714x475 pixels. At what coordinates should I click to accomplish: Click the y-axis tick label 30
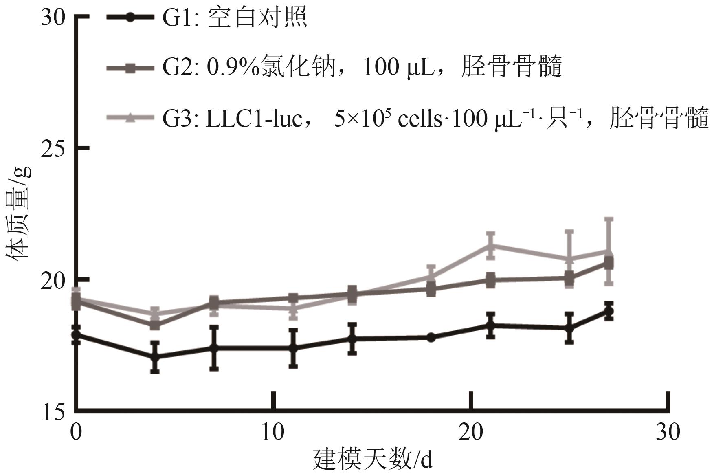[53, 18]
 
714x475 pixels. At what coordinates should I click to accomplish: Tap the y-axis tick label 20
[53, 281]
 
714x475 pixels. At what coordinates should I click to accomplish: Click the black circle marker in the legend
[130, 18]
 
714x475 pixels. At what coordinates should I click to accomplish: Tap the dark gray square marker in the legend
[130, 68]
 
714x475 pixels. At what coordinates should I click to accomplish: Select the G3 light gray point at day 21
[491, 246]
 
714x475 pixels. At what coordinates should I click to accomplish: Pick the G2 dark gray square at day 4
[155, 325]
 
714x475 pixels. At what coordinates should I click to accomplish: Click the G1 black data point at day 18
[431, 337]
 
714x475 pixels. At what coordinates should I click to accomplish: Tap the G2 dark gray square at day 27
[609, 263]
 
